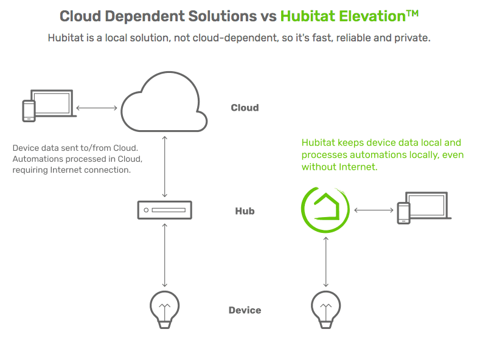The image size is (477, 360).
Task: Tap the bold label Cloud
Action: (245, 108)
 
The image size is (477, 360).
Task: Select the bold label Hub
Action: (245, 210)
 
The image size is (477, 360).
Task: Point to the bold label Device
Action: (245, 310)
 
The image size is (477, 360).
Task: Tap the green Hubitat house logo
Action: (325, 210)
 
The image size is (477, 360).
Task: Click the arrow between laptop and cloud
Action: (96, 108)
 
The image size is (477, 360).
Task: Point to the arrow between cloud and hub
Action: (164, 167)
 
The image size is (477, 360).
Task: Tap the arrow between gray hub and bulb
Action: (164, 255)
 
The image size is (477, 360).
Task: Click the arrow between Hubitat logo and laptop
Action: (374, 210)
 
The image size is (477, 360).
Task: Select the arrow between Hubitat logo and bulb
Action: (326, 261)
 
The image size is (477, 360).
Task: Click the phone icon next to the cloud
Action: (29, 111)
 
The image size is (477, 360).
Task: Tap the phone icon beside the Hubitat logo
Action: (404, 213)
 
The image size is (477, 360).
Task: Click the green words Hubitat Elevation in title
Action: (343, 16)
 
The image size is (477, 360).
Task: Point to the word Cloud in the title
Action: (80, 16)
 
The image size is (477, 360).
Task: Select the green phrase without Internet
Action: (339, 167)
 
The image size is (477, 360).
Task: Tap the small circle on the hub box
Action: (146, 210)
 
